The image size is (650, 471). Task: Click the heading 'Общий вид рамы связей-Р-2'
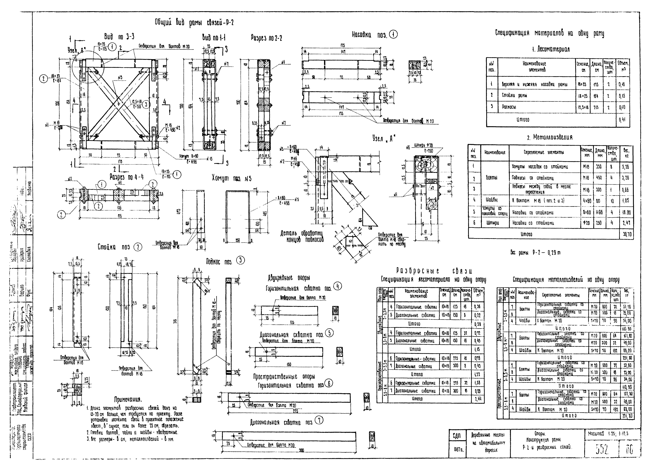coord(194,22)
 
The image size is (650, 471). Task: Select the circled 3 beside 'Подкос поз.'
coord(240,260)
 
